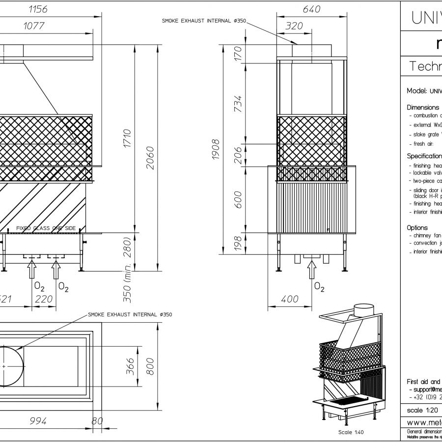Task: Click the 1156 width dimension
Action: pos(42,9)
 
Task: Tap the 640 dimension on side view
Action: pos(311,9)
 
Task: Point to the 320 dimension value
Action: pos(294,26)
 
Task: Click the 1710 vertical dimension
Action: pos(127,141)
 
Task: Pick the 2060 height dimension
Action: pos(151,157)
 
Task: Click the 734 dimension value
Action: pos(238,104)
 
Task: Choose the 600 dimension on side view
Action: pos(238,199)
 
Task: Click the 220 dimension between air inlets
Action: pos(44,299)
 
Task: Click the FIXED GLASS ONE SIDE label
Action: pos(46,228)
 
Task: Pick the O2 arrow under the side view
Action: pos(310,270)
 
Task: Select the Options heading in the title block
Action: pos(417,228)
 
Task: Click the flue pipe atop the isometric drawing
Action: pos(364,311)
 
